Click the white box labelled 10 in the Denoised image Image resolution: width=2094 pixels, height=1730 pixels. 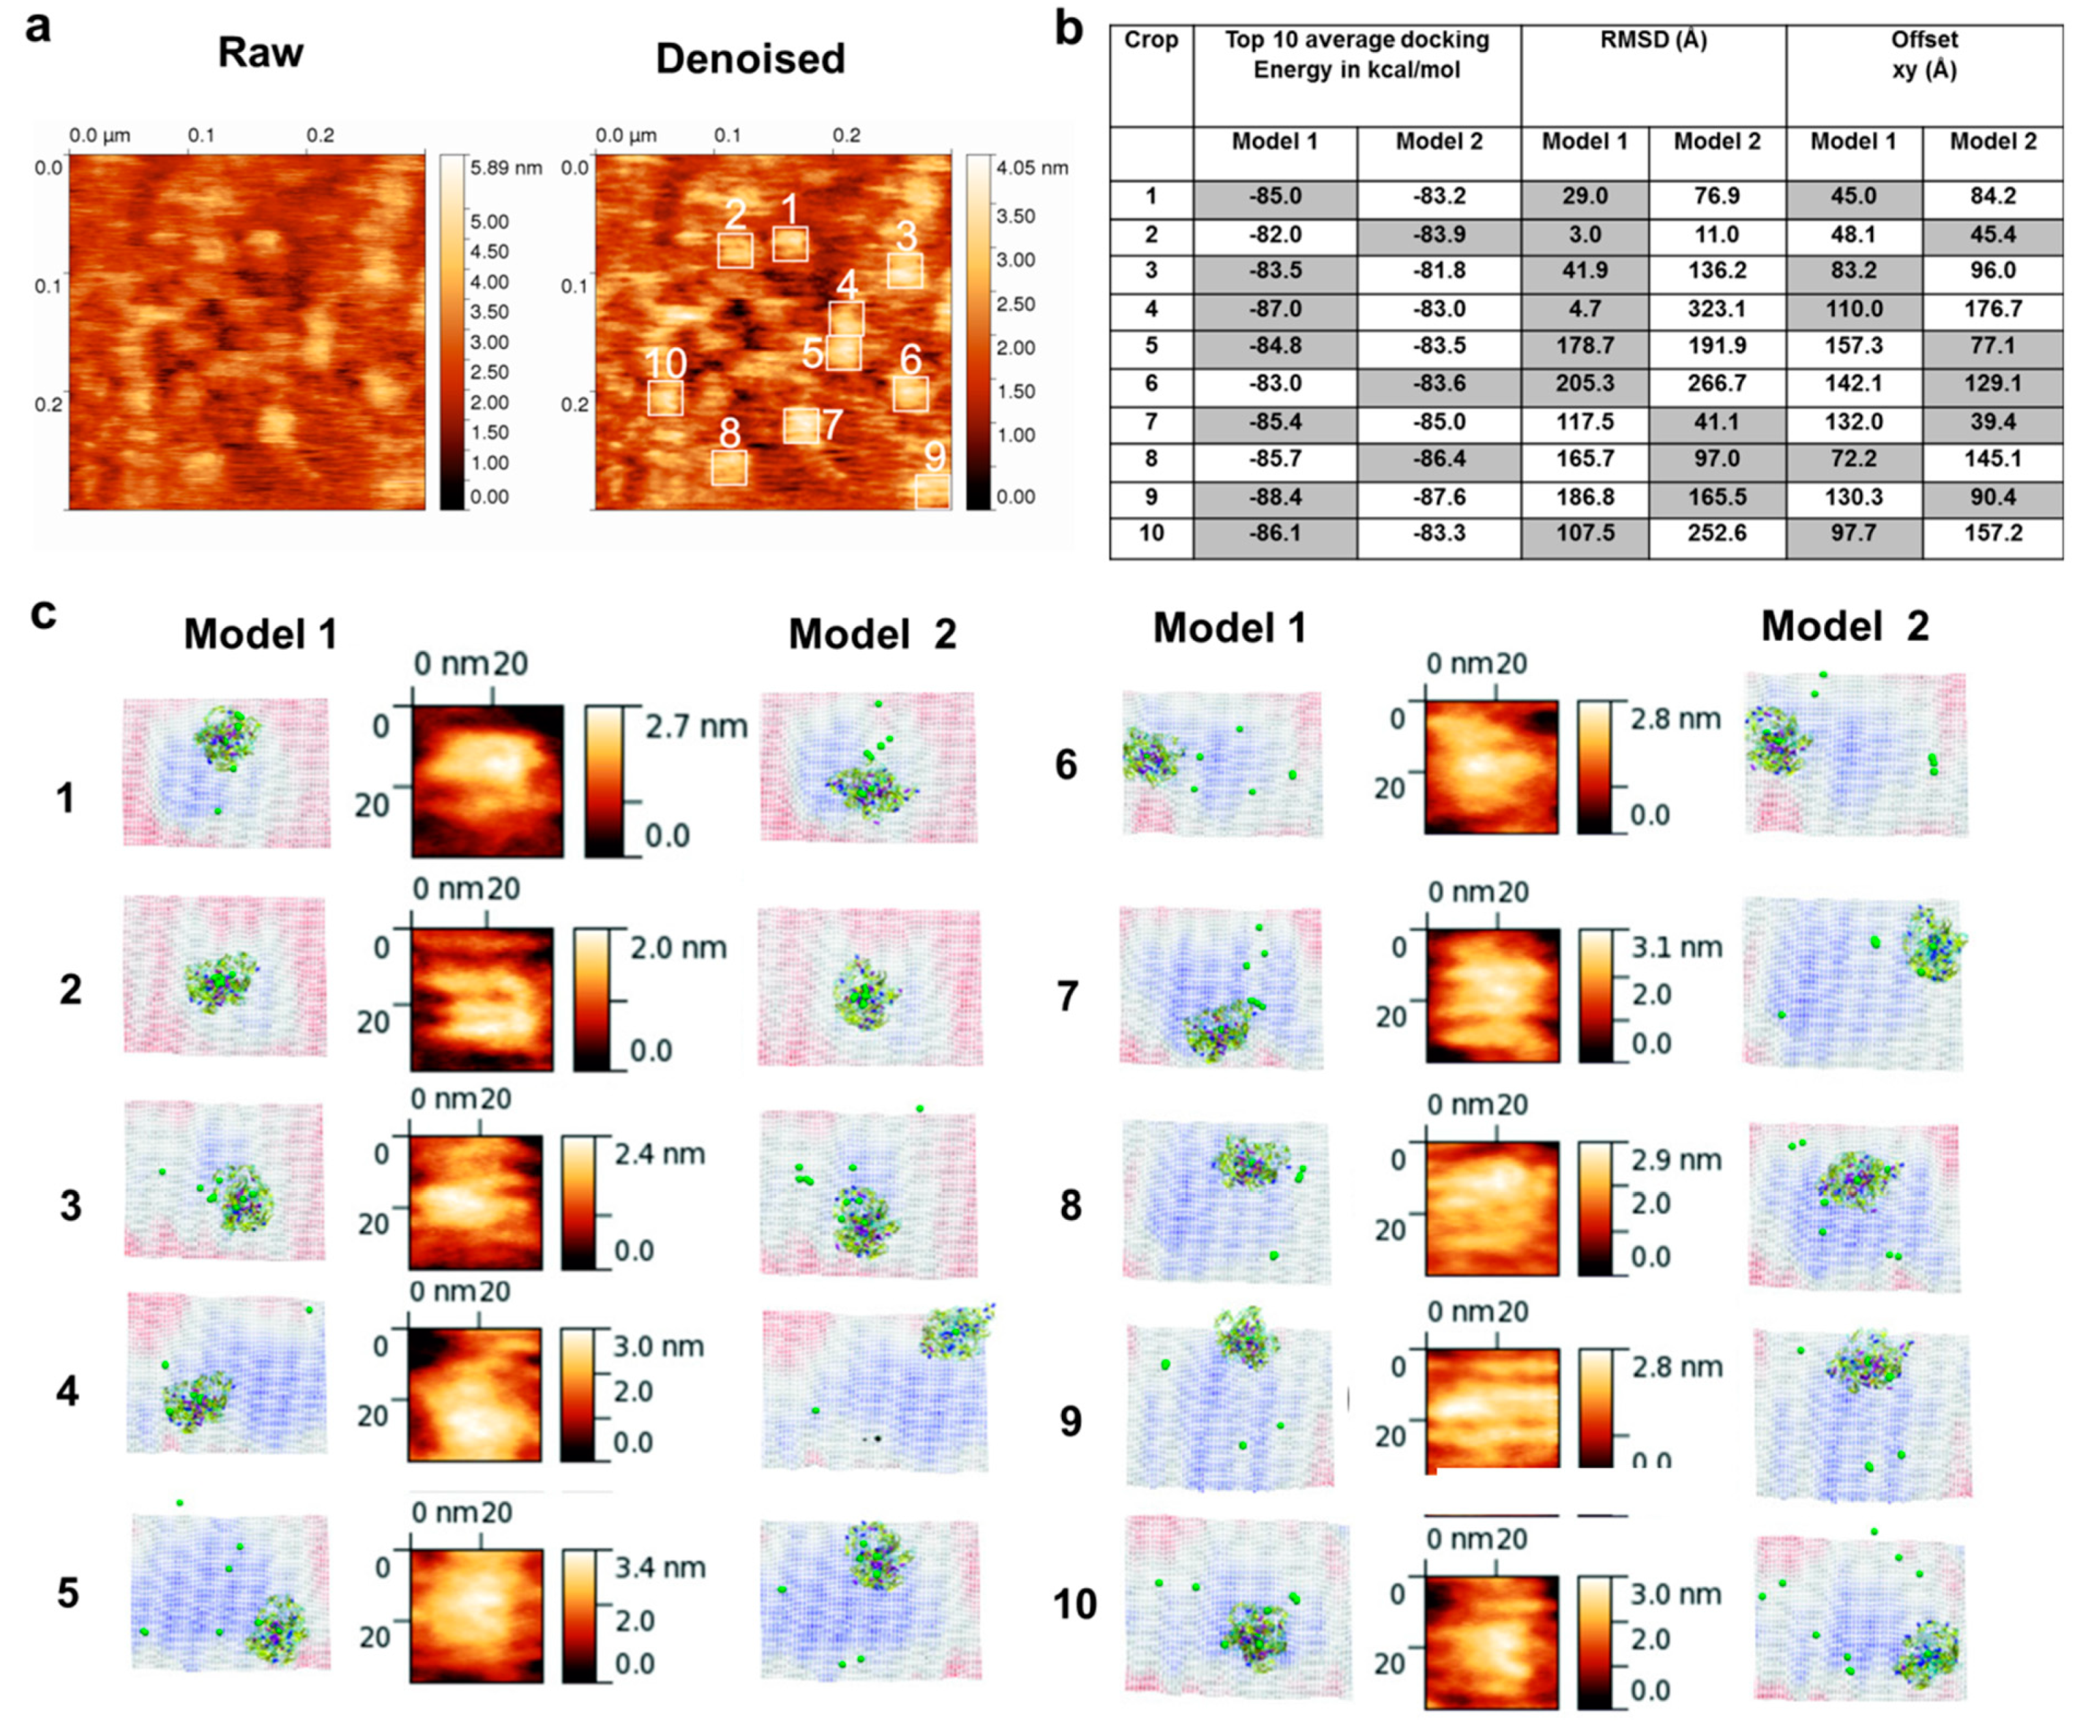tap(665, 398)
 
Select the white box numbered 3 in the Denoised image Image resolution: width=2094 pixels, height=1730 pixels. tap(904, 270)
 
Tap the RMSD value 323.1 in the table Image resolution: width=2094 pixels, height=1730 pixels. tap(1716, 309)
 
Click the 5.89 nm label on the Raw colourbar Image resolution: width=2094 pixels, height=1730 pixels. tap(505, 168)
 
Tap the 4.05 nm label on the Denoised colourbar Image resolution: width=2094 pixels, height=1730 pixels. tap(1031, 168)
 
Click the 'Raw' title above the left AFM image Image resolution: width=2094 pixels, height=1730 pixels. tap(260, 53)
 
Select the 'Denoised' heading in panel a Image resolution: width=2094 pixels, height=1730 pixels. tap(750, 59)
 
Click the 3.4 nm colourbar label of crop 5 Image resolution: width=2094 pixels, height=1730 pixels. tap(659, 1568)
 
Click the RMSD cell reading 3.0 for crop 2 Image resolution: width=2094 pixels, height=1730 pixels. tap(1584, 235)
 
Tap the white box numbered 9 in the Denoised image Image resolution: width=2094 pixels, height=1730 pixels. tap(932, 491)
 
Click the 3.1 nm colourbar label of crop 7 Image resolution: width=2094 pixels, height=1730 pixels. tap(1677, 946)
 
